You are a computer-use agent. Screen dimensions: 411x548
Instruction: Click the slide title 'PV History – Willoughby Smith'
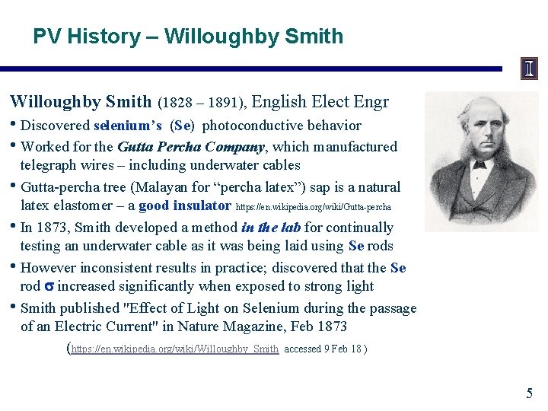point(188,37)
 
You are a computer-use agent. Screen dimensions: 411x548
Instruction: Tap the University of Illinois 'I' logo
point(529,69)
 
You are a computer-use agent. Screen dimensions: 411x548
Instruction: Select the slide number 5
point(529,393)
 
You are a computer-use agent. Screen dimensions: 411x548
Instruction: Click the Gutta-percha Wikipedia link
point(314,207)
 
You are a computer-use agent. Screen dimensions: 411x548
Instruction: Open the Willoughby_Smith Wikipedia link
point(175,349)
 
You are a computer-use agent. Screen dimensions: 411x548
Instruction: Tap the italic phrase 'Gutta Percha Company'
point(190,146)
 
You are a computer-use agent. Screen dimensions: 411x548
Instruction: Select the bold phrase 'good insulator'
point(185,205)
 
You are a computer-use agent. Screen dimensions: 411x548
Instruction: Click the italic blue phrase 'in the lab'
point(271,227)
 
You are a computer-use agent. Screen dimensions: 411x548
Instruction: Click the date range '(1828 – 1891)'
point(201,103)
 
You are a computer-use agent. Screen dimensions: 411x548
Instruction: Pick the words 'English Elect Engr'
point(320,102)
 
